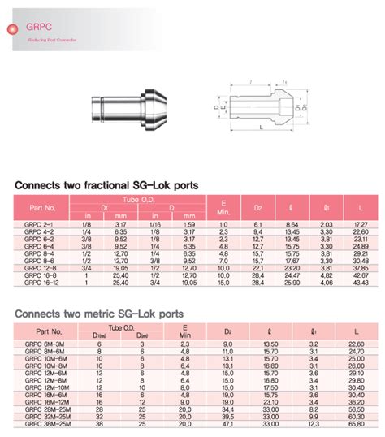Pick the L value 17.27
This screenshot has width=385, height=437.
point(361,223)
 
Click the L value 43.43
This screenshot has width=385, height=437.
point(361,282)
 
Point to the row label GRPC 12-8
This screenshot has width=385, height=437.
point(41,267)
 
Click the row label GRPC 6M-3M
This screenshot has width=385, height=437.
point(45,344)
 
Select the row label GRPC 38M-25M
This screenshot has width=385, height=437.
point(46,424)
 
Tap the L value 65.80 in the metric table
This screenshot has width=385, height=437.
point(357,424)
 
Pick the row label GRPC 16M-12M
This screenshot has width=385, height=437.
point(46,402)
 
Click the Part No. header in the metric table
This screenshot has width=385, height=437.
point(45,331)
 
